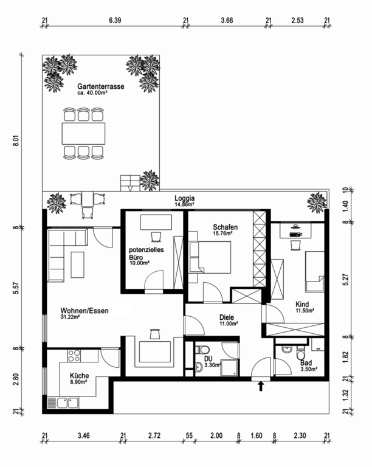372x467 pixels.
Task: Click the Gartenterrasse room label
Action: pos(100,87)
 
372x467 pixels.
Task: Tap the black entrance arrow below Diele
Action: pos(261,386)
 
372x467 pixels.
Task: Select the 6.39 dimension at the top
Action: pos(115,20)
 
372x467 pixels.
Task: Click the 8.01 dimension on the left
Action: pos(16,140)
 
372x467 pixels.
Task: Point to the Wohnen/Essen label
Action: pos(84,311)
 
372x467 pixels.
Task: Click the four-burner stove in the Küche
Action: pos(74,355)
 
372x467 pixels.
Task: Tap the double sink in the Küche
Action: pos(67,403)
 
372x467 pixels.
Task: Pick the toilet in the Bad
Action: pos(300,353)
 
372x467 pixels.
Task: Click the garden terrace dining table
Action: pos(84,133)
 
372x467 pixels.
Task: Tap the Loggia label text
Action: pos(185,198)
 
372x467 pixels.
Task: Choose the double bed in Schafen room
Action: pos(210,257)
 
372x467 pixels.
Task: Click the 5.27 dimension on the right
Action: pos(345,279)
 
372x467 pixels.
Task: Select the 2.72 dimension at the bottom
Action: pos(154,436)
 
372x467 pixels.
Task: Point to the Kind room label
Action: pos(302,305)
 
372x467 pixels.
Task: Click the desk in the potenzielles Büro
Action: pos(156,222)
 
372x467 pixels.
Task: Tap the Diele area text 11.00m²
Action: pos(229,323)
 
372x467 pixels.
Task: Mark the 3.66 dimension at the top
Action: pos(227,20)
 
